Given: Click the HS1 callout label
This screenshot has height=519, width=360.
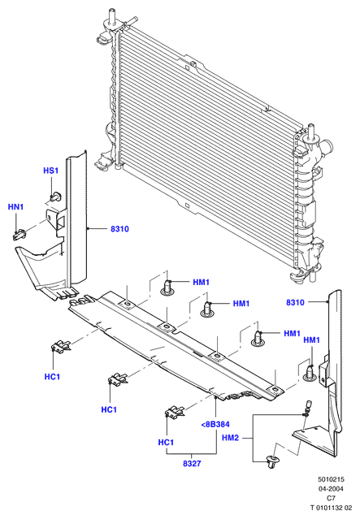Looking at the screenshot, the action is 50,171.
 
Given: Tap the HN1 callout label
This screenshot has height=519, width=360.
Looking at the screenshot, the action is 16,207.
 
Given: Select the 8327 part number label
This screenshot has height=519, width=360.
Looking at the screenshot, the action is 192,464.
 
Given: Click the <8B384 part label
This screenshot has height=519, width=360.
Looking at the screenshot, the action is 215,424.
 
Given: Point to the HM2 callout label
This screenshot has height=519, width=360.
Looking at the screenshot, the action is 230,438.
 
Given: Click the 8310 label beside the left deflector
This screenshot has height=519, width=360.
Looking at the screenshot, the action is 119,229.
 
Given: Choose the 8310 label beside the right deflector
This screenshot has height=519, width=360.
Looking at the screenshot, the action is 295,302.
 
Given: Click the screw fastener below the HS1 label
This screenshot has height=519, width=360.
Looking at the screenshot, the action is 55,196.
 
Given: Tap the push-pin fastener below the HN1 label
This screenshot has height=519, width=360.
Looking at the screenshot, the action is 20,235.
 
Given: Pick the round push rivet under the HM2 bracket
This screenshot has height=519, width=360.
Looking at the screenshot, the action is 273,461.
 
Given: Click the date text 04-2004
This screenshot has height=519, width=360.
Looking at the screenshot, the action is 331,489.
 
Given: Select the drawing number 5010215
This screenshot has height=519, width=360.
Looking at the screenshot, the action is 332,479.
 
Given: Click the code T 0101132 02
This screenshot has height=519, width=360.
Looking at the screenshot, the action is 331,508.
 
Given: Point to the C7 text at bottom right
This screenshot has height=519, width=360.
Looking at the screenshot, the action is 332,498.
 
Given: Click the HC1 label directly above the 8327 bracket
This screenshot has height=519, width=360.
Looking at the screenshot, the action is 166,443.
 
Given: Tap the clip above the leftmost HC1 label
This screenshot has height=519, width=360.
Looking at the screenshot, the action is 60,347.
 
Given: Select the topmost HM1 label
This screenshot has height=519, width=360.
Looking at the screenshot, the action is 202,283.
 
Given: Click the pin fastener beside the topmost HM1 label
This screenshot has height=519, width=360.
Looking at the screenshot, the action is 167,288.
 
